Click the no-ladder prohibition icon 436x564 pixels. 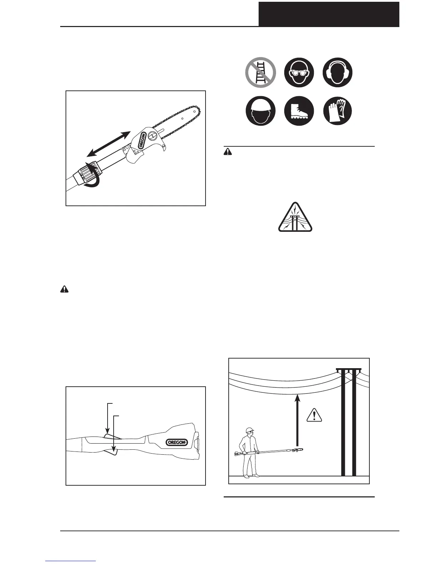click(261, 72)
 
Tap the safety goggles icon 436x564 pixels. click(299, 72)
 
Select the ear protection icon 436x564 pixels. click(338, 72)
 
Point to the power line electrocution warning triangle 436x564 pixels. click(295, 218)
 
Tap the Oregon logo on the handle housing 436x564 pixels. click(177, 442)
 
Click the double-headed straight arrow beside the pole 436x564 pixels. click(109, 144)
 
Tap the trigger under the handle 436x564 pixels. click(113, 452)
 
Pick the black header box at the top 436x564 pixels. click(328, 14)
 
